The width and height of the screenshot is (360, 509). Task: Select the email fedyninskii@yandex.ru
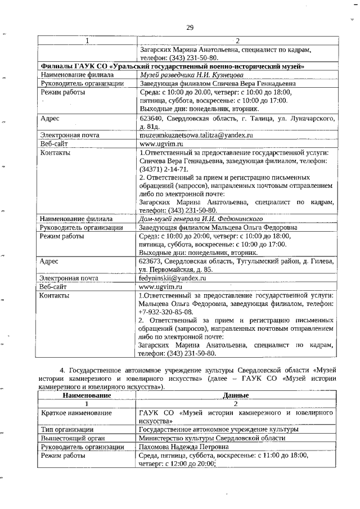[x=173, y=278]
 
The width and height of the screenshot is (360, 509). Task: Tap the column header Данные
[x=236, y=396]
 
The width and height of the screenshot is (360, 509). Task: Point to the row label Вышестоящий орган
[x=71, y=438]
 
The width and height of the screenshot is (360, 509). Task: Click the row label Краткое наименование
[x=75, y=413]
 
